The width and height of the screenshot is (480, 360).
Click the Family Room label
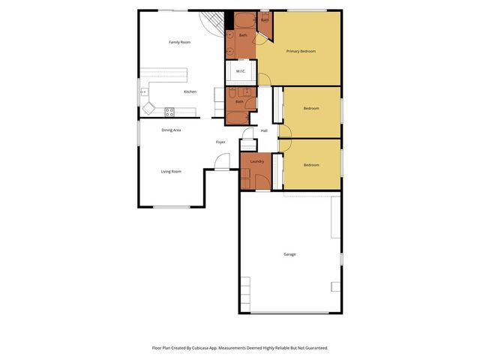pyautogui.click(x=179, y=42)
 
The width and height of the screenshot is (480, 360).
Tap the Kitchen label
pyautogui.click(x=190, y=91)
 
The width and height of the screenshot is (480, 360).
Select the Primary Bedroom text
pyautogui.click(x=301, y=51)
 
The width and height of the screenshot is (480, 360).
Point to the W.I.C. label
pyautogui.click(x=241, y=71)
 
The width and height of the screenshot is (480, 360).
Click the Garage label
pyautogui.click(x=289, y=254)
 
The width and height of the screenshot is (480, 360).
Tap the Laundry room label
pyautogui.click(x=256, y=161)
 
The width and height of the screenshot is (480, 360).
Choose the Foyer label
pyautogui.click(x=220, y=142)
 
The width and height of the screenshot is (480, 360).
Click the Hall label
pyautogui.click(x=264, y=131)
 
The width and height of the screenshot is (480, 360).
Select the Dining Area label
pyautogui.click(x=171, y=130)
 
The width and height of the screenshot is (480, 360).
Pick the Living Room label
pyautogui.click(x=171, y=171)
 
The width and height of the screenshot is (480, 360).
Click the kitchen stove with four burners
pyautogui.click(x=169, y=112)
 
